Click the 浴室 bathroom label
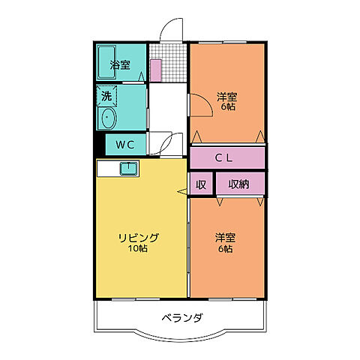(120, 64)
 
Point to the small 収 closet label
(201, 184)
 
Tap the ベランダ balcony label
(181, 317)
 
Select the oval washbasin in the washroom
(106, 118)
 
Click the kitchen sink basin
(127, 168)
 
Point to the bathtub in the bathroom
(106, 64)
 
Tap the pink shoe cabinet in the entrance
(156, 69)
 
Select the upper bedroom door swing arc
(199, 105)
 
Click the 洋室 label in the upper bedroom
(227, 96)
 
